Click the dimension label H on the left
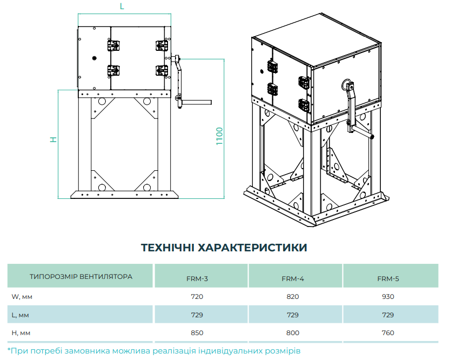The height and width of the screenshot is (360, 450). [53, 139]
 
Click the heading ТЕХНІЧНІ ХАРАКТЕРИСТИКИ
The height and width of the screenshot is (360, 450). [224, 248]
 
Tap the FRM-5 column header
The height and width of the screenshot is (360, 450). [388, 279]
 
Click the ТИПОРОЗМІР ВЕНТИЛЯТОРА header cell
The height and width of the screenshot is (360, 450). [81, 276]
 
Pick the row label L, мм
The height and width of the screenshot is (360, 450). [21, 315]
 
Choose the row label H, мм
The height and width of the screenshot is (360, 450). [22, 333]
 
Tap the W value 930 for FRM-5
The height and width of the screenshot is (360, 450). [388, 297]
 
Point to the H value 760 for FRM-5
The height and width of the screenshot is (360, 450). [388, 333]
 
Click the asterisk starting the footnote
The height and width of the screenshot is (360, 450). [9, 350]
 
